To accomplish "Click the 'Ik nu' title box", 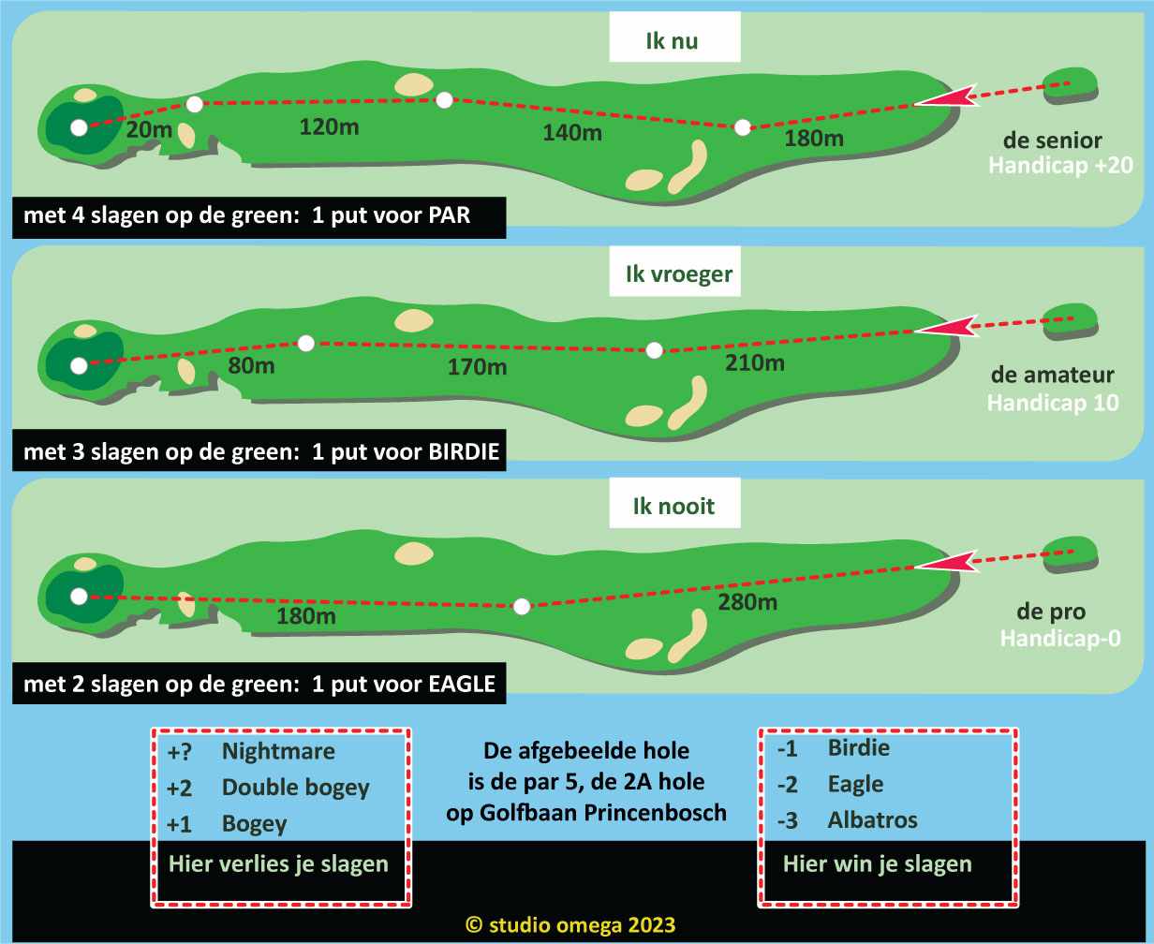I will (674, 40).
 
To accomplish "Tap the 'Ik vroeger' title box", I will (679, 274).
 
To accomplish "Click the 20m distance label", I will (148, 129).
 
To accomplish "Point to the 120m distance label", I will (329, 125).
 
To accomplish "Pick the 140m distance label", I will (572, 133).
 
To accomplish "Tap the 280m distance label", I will (747, 602).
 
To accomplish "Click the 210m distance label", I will (754, 362).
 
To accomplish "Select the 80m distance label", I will (251, 365).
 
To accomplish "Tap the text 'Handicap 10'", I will (1053, 404).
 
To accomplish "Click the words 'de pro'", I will (1052, 612).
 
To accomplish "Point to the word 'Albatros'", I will (872, 820).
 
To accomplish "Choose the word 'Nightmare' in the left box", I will (278, 751).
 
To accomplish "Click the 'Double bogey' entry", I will (295, 788).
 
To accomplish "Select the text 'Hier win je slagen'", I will (877, 863).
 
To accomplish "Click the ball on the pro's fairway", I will (523, 606).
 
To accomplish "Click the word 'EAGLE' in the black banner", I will (461, 684).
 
